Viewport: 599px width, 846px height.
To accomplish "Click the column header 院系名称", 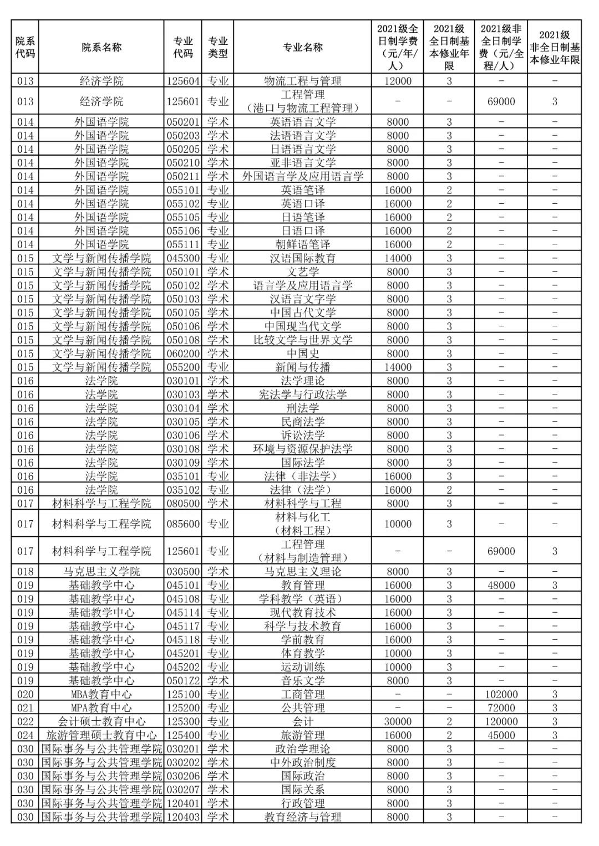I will point(101,47).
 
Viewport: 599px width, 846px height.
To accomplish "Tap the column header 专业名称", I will point(303,47).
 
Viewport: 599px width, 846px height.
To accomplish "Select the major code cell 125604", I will point(183,81).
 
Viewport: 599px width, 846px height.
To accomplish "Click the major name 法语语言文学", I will point(303,136).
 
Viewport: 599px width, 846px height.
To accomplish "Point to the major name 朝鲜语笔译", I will point(303,244).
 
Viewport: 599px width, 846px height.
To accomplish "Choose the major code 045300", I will point(183,258).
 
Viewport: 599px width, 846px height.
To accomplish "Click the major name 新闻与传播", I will point(303,367).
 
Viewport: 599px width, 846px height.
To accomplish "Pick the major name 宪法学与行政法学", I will point(303,394).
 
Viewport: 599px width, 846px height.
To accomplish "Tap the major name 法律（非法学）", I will point(303,476).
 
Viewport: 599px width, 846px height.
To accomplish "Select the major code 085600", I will point(183,524).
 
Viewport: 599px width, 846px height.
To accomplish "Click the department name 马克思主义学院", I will point(101,572).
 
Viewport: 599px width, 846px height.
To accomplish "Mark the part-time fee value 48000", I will point(501,585).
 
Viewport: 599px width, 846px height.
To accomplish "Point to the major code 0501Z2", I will point(183,681).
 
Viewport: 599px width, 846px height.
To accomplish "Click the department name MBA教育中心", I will point(101,694).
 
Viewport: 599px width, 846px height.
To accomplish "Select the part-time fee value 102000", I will point(501,694).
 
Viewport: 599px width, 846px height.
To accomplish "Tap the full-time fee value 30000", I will point(398,721).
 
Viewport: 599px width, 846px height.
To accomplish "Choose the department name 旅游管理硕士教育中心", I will point(101,735).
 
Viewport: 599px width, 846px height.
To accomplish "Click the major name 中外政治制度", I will point(303,762).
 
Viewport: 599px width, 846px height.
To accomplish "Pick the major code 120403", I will point(183,817).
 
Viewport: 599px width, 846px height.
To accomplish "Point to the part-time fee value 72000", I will point(501,708).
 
